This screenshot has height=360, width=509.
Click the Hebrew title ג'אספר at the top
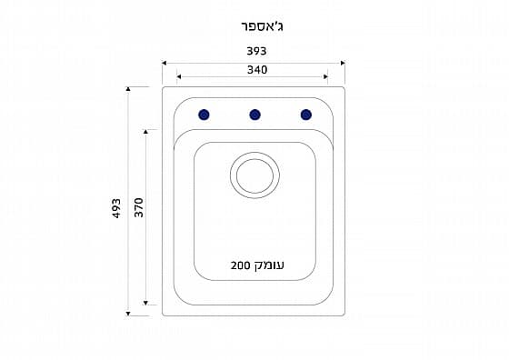point(262,26)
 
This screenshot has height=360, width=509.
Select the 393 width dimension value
point(256,51)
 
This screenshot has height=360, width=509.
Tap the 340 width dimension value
point(257,70)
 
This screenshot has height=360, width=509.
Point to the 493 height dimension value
point(116,208)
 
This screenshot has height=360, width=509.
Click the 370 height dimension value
point(138,207)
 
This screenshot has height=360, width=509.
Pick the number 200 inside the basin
point(240,265)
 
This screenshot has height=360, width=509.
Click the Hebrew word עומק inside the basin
point(269,265)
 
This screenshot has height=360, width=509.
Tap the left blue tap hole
point(204,115)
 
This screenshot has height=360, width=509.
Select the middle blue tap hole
point(254,115)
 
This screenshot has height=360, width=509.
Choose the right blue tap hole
point(306,115)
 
